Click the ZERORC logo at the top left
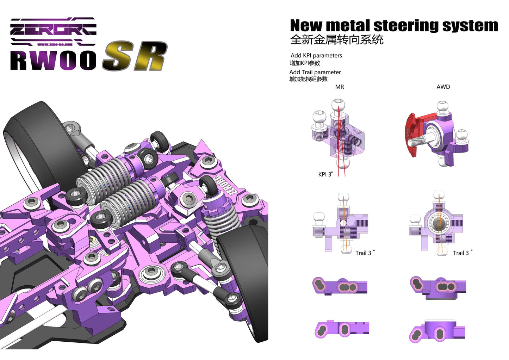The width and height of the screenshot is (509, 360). (53, 31)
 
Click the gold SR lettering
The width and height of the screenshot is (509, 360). (135, 56)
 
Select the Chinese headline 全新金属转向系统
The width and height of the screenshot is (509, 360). (336, 40)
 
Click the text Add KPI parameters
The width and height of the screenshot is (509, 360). (316, 55)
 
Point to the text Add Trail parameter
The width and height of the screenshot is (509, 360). (315, 72)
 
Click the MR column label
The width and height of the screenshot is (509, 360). (339, 87)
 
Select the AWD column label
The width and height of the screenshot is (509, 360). (443, 87)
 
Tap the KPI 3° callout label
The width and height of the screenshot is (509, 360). (325, 174)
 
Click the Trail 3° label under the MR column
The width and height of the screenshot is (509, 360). (365, 253)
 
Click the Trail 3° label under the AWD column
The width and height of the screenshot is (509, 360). (463, 253)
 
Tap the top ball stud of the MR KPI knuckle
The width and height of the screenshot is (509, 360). (339, 105)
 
